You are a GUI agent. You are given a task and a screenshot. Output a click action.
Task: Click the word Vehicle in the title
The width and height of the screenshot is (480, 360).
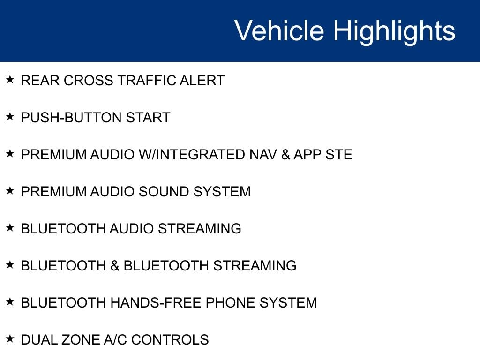[279, 30]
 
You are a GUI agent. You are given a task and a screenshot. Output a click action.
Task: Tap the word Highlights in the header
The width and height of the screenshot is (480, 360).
[394, 32]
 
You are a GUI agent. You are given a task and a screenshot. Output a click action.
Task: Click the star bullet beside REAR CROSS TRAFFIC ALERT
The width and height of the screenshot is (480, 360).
[10, 79]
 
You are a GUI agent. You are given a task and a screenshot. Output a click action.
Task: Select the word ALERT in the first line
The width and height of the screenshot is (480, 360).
[202, 81]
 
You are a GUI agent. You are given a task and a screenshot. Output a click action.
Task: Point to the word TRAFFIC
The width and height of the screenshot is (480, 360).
[146, 81]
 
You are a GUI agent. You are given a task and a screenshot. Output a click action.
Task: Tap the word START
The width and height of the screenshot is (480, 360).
[148, 118]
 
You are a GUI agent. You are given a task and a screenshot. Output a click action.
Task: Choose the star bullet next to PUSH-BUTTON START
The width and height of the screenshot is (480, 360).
[10, 116]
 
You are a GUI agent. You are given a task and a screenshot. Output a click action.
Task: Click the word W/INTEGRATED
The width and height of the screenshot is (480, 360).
[192, 155]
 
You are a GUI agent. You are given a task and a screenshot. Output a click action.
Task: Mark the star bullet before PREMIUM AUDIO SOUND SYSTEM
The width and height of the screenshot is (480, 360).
[10, 190]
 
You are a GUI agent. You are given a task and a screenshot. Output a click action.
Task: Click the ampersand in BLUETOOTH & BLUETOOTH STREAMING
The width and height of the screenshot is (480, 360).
[115, 266]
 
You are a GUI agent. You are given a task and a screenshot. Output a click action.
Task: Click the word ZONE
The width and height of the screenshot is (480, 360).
[80, 340]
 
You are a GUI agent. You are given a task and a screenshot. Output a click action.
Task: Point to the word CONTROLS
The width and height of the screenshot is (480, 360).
[170, 340]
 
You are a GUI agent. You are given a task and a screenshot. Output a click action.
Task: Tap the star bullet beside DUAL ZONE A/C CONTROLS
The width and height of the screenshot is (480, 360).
[10, 338]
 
